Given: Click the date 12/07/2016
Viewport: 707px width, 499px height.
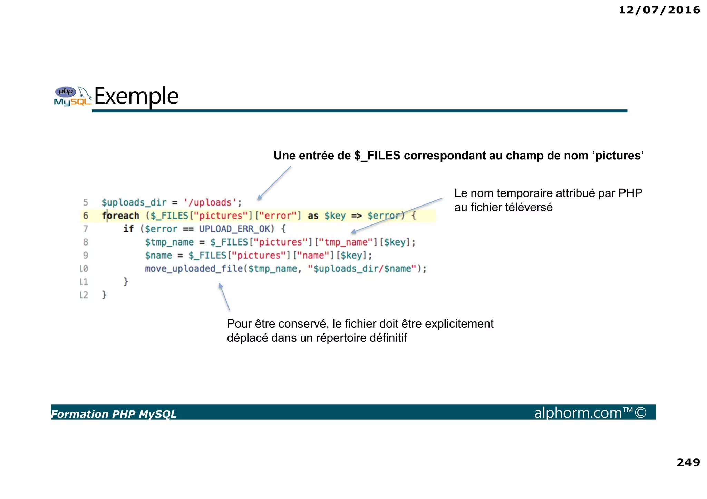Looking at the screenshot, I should click(659, 10).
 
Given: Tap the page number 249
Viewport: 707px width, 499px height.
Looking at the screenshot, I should click(688, 462).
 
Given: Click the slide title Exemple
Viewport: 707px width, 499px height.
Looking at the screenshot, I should click(136, 96).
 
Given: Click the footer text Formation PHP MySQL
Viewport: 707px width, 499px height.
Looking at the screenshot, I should click(114, 414).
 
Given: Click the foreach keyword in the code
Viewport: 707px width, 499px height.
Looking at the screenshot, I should click(120, 216).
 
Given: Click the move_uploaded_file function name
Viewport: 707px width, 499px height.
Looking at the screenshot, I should click(194, 269).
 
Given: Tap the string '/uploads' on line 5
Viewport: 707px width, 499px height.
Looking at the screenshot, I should click(210, 202).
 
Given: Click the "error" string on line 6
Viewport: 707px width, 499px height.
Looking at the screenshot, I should click(278, 216).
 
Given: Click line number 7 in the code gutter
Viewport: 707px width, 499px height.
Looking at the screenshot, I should click(85, 229).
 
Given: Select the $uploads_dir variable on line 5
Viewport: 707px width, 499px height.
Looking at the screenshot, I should click(134, 202).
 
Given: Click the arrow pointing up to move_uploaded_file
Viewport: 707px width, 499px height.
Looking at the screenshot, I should click(224, 297).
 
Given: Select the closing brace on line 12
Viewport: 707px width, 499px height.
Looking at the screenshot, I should click(104, 295).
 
